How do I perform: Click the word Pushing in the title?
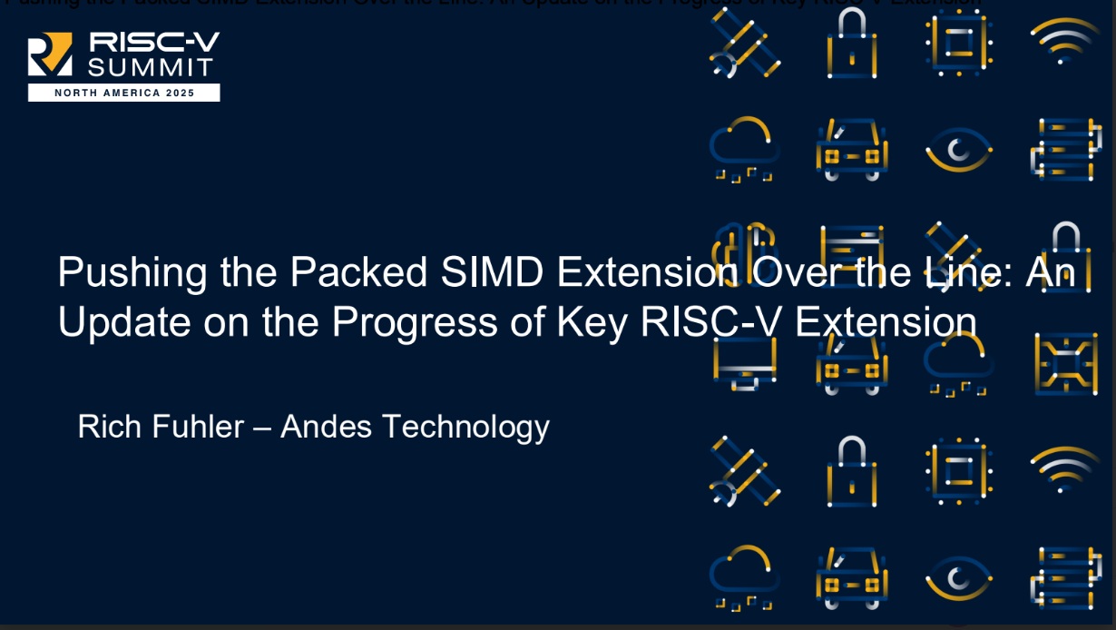126,272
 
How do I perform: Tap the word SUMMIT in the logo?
151,66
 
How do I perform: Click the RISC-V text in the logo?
152,42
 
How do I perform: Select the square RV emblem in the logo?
51,54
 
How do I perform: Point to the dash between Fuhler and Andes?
262,427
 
